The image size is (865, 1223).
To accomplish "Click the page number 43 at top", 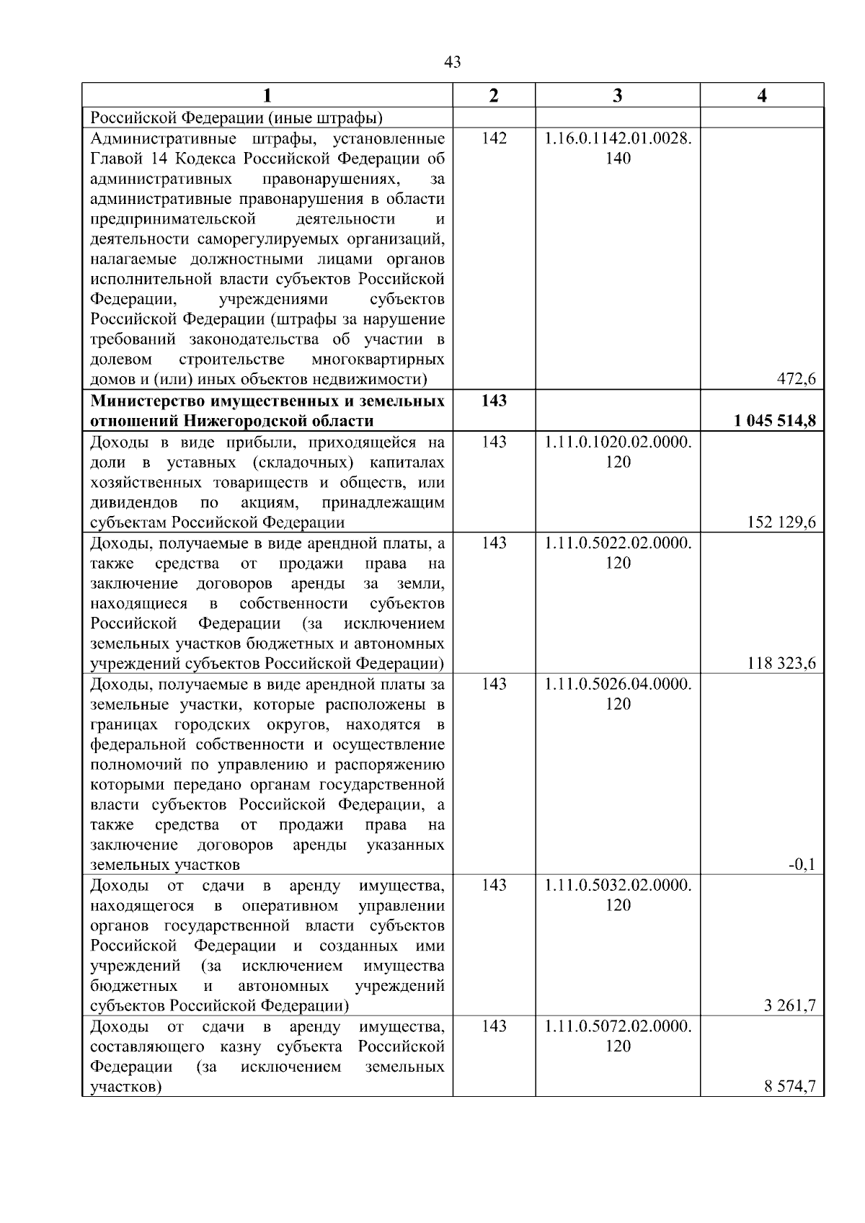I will (x=453, y=63).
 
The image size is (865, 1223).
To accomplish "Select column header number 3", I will (x=617, y=96).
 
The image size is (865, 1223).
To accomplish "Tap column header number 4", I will (x=762, y=96).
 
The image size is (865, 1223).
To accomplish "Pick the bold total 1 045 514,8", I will (x=775, y=421).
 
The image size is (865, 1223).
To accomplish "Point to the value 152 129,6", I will (x=781, y=522).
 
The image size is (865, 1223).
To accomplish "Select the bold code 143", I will (x=494, y=401).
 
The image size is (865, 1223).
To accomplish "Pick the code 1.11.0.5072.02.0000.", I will (x=618, y=1026).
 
